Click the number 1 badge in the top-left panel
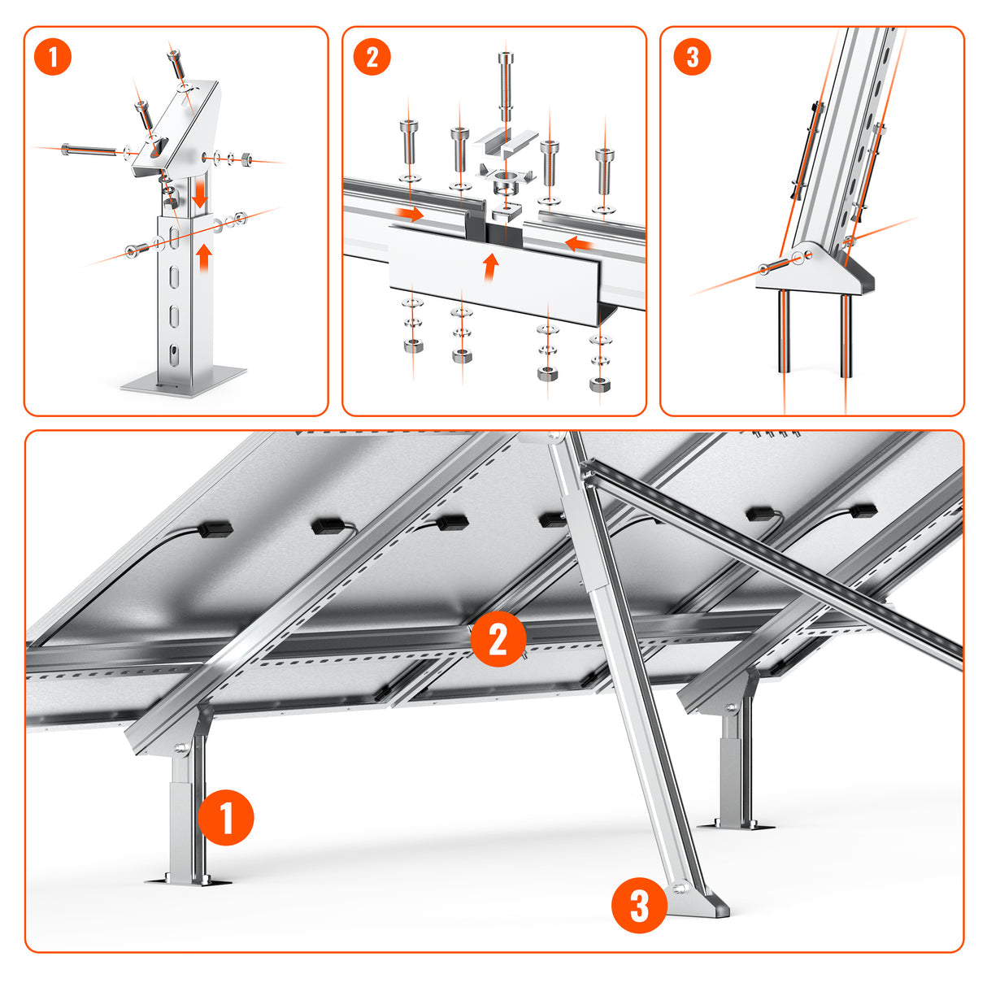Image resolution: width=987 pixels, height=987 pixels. point(54,58)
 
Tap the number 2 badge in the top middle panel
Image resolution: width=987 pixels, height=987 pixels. point(372,58)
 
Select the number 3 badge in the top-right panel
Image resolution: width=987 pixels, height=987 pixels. point(692,58)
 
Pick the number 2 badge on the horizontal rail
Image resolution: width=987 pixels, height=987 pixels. point(498,639)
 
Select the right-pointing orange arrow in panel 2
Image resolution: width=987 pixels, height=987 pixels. point(407,215)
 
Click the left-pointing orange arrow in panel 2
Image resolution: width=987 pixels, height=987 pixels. point(576,242)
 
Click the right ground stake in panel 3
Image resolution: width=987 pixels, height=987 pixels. point(846,335)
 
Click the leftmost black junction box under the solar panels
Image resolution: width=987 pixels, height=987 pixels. point(216,528)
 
